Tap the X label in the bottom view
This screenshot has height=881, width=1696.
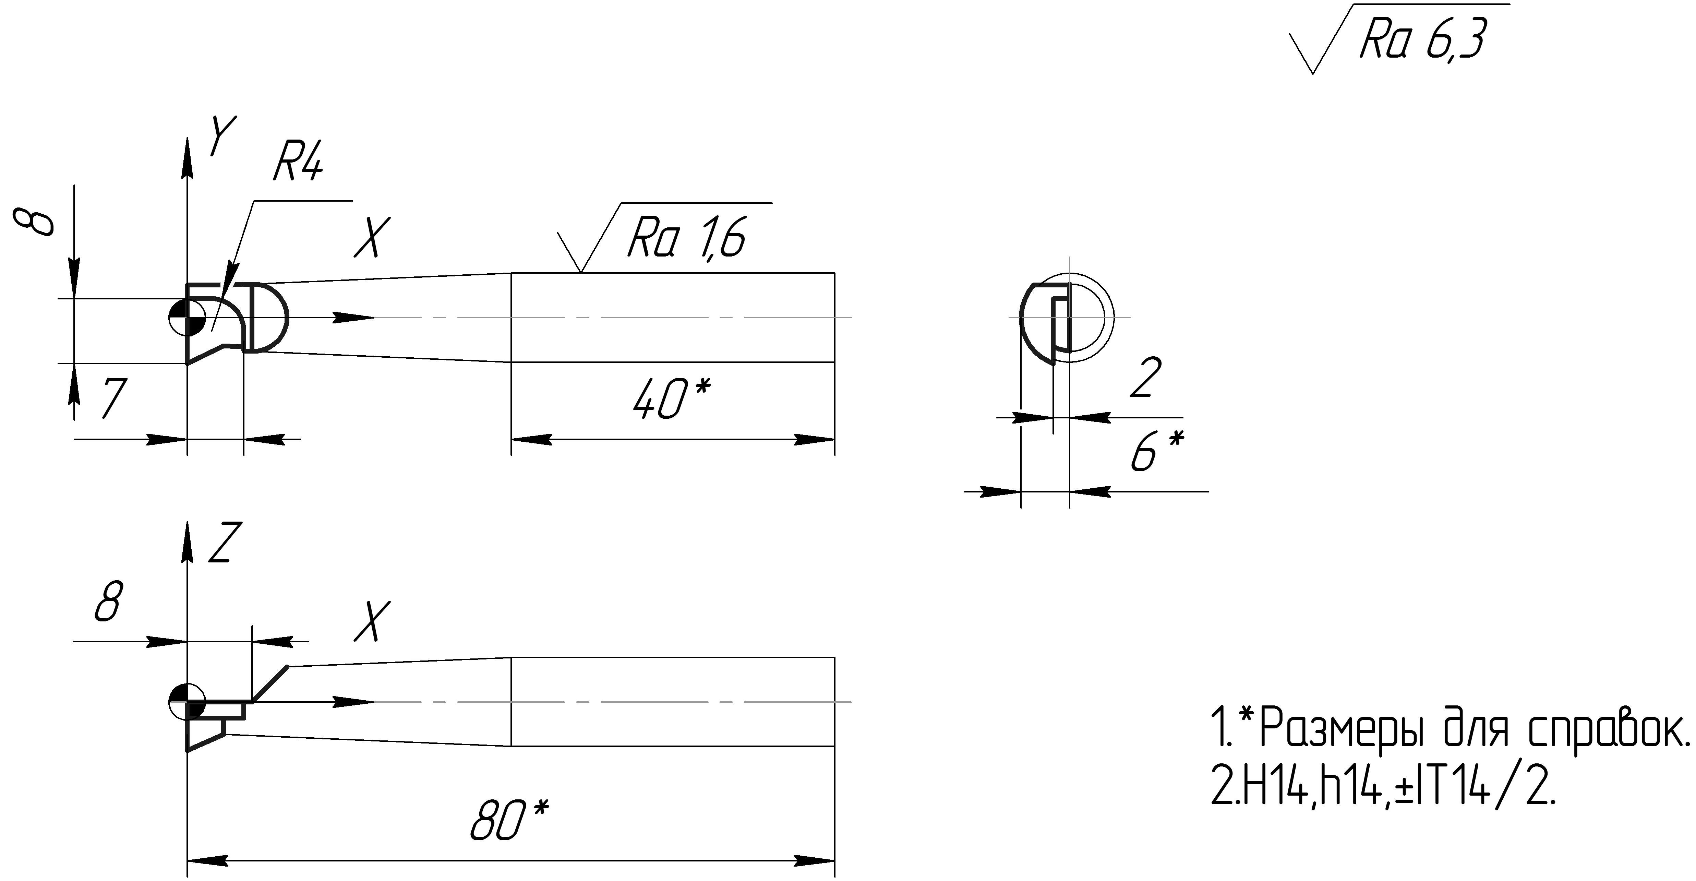tap(372, 621)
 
